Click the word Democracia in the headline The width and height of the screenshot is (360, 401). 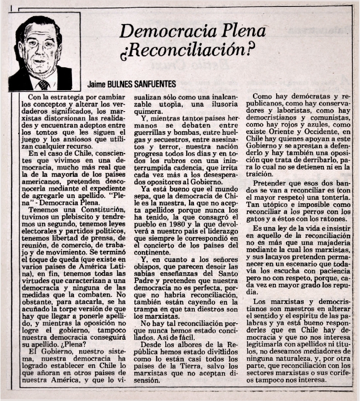click(x=155, y=31)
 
